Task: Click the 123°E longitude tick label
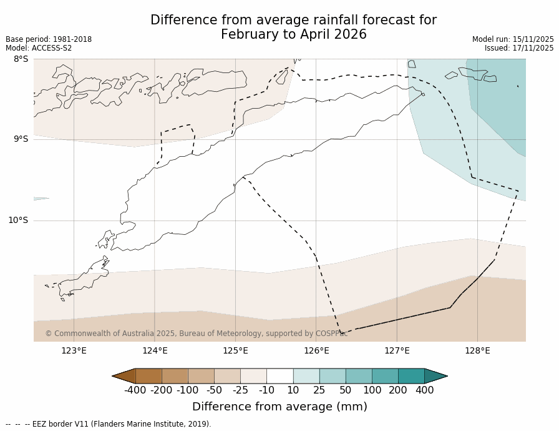point(74,350)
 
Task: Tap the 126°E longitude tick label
point(316,350)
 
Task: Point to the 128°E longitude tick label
point(477,350)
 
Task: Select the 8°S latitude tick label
point(21,59)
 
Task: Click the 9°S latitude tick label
point(21,139)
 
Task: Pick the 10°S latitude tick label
point(18,220)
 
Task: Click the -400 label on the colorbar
point(135,390)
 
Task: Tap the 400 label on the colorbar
point(424,390)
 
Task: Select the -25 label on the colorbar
point(240,390)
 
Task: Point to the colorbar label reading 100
point(372,390)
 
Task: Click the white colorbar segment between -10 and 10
point(279,375)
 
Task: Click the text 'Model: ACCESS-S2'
point(39,48)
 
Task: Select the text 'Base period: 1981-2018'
point(49,39)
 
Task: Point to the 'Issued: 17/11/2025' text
point(519,48)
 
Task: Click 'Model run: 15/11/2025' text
point(513,39)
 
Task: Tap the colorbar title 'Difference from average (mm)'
point(279,407)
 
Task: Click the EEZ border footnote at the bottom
point(109,424)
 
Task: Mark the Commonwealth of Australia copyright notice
point(196,334)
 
